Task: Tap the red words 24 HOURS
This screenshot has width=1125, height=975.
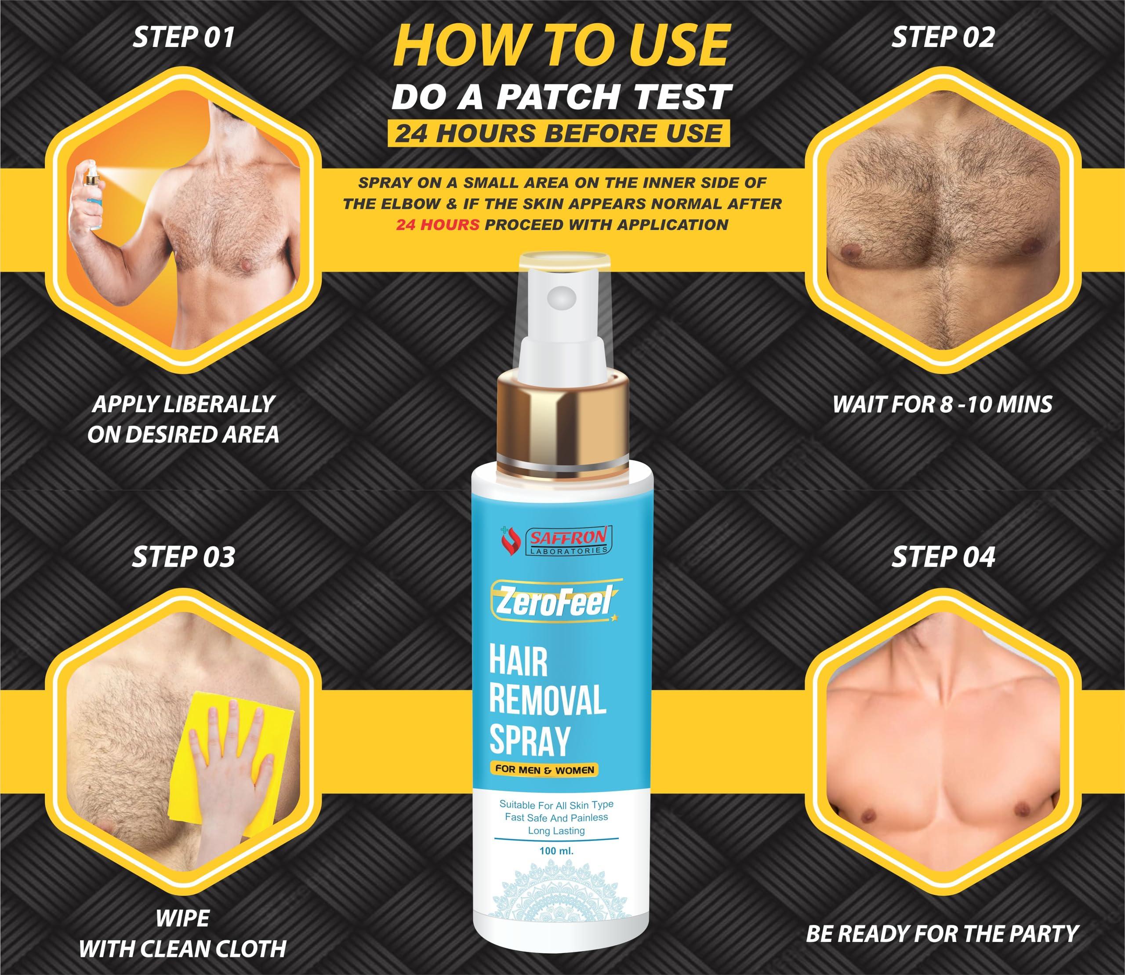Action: click(x=437, y=225)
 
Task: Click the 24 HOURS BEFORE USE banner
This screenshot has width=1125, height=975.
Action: click(x=558, y=133)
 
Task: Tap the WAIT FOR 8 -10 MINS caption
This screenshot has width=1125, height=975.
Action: click(x=943, y=404)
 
